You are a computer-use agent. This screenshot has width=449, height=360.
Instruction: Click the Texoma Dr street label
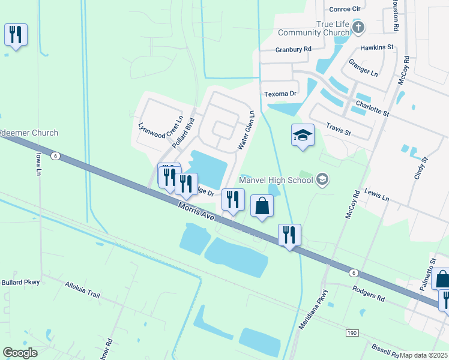[281, 94]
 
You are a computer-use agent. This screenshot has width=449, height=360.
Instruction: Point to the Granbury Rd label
[294, 49]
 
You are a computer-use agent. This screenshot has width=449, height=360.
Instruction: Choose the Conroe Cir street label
[345, 9]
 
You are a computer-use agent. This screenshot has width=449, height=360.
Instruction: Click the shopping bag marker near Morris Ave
[262, 207]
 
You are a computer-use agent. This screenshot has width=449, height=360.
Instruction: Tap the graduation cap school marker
[303, 136]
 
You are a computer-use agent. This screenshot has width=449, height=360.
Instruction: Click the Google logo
[20, 352]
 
